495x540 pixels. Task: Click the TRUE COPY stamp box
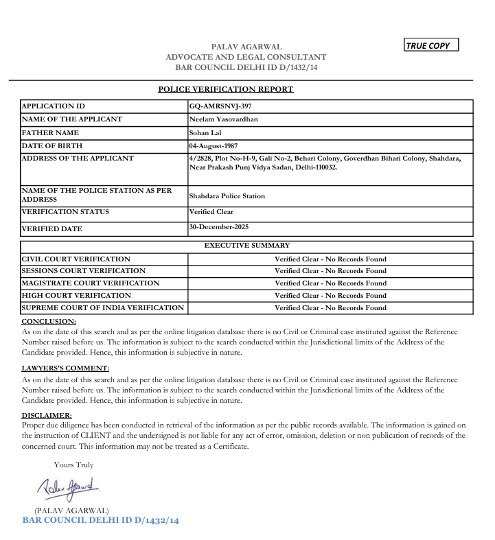click(431, 45)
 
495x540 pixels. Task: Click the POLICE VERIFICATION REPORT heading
click(226, 89)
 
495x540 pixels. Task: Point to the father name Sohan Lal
click(203, 132)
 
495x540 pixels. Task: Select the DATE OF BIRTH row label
click(52, 146)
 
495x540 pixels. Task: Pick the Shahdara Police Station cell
click(227, 196)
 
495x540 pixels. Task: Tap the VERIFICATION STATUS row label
click(65, 212)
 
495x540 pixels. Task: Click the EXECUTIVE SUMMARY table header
click(247, 245)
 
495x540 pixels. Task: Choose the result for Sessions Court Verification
click(330, 271)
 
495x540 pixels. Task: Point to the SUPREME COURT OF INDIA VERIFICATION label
click(103, 307)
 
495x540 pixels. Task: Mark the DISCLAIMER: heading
click(47, 415)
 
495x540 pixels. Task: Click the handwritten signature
click(67, 488)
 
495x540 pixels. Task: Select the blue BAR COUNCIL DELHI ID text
click(101, 521)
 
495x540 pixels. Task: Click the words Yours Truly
click(73, 465)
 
